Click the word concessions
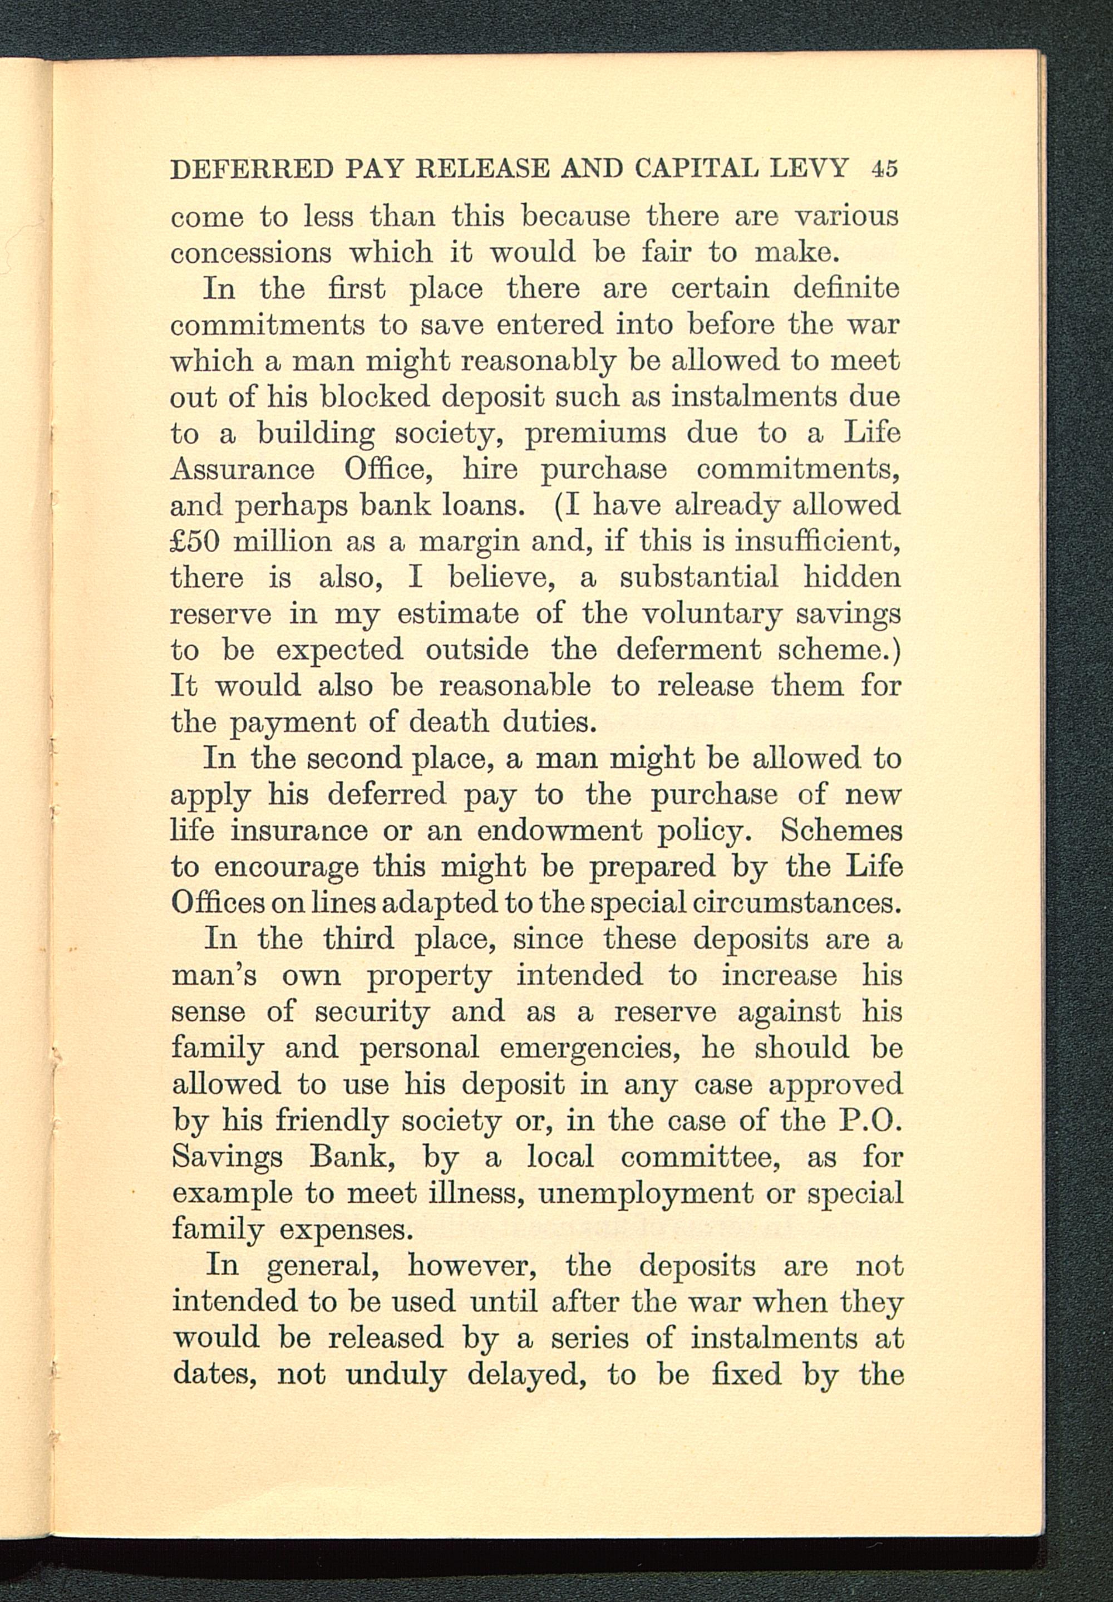(251, 253)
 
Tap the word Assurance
(242, 469)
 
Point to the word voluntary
(711, 615)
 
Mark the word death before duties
(449, 723)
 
